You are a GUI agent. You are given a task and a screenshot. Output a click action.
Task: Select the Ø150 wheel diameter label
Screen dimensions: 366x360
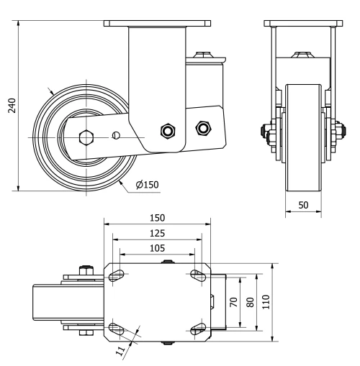(x=146, y=184)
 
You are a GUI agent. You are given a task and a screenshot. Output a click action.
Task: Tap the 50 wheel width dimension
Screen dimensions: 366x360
(x=304, y=206)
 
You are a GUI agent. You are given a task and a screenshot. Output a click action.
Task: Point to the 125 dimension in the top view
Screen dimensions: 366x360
(x=157, y=233)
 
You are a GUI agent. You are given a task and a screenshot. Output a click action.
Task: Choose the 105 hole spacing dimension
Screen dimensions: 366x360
(x=157, y=248)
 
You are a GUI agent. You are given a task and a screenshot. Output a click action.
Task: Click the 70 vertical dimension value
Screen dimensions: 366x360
(x=233, y=302)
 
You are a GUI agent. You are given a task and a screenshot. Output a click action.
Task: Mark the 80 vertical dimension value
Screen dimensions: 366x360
(x=250, y=302)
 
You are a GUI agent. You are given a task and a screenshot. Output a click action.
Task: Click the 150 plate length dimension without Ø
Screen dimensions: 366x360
(x=157, y=218)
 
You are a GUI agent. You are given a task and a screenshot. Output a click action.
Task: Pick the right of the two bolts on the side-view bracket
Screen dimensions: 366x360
(x=202, y=129)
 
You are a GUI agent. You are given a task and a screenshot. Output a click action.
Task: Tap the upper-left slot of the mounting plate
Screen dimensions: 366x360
(x=117, y=273)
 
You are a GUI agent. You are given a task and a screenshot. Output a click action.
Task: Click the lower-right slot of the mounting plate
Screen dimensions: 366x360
(x=197, y=329)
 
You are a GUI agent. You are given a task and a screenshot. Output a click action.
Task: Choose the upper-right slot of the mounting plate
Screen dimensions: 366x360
(x=197, y=273)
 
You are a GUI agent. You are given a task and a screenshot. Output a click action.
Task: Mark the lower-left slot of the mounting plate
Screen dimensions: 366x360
(x=117, y=329)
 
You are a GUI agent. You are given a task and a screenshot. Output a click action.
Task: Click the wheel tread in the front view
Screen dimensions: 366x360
(x=304, y=137)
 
